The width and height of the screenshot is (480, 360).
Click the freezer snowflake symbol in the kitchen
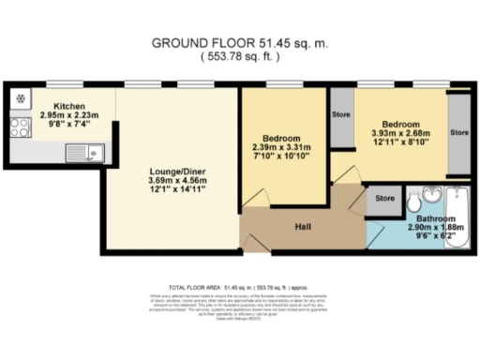coord(20,98)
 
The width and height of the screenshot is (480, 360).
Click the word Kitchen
coord(71,106)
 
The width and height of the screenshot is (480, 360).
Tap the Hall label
coord(303,226)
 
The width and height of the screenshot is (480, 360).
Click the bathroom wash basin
coord(432,195)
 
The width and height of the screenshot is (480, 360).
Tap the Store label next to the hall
coord(384,199)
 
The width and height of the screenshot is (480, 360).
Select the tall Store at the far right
coord(459,133)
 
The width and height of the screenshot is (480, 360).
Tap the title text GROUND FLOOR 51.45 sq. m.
coord(240,44)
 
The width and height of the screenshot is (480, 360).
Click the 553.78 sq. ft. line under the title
coord(240,57)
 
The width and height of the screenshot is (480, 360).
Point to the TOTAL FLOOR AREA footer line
coord(240,287)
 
